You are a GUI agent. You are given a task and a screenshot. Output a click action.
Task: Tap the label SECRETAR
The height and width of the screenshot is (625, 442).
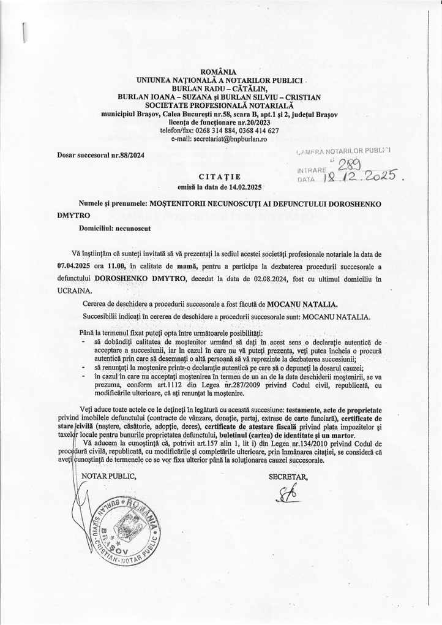pyautogui.click(x=288, y=474)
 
